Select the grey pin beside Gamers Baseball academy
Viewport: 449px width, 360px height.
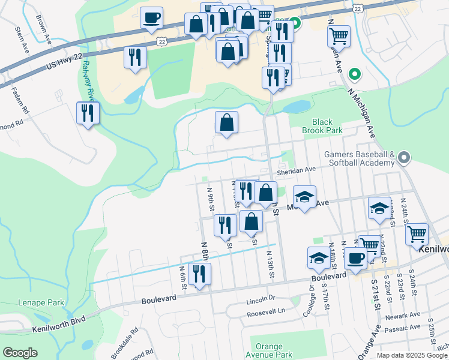click(404, 158)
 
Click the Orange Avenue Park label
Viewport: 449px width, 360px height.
click(269, 350)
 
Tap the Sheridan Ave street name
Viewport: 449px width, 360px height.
click(296, 170)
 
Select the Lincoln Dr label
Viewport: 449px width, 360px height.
click(260, 298)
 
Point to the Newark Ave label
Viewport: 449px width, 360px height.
click(403, 315)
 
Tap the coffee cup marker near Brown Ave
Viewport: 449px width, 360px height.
click(152, 17)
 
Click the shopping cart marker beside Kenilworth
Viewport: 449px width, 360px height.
click(417, 235)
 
